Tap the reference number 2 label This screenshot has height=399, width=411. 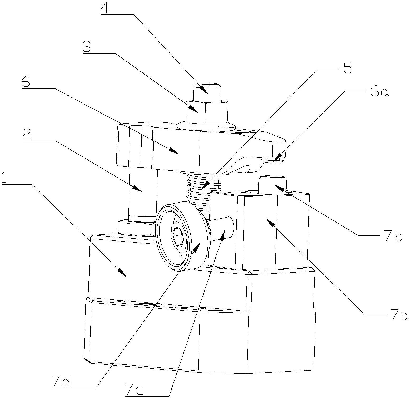click(27, 135)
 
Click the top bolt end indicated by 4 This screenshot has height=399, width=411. click(207, 92)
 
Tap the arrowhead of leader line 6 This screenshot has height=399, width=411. click(174, 151)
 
